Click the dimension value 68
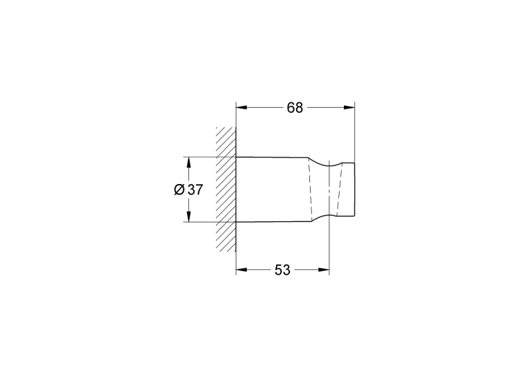(x=295, y=108)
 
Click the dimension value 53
(x=282, y=270)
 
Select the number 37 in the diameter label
(x=195, y=190)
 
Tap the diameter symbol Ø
(x=179, y=190)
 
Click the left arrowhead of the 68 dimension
(x=241, y=107)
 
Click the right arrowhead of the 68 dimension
(x=349, y=107)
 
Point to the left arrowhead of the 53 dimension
(x=241, y=270)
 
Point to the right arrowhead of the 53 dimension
(x=324, y=270)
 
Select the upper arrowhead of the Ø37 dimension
(x=189, y=163)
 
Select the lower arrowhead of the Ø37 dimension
(x=189, y=217)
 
